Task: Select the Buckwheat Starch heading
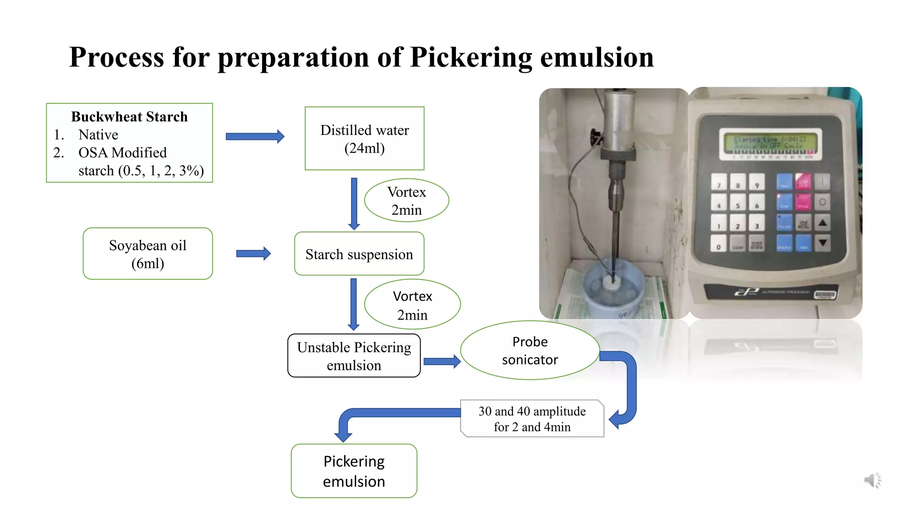129,117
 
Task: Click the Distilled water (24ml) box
364,139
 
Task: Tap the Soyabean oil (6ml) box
148,254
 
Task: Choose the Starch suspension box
359,254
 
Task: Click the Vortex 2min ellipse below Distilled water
406,200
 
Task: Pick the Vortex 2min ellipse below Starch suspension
412,305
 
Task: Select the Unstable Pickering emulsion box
354,356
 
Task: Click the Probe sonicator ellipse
530,350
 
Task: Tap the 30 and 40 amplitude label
532,419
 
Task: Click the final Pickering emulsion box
354,471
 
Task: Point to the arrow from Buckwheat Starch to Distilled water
255,136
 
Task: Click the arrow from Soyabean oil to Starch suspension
253,253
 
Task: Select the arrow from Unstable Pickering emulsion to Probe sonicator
442,362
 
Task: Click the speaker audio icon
872,480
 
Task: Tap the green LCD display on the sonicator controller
770,143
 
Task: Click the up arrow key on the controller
823,223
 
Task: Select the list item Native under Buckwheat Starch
98,135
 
